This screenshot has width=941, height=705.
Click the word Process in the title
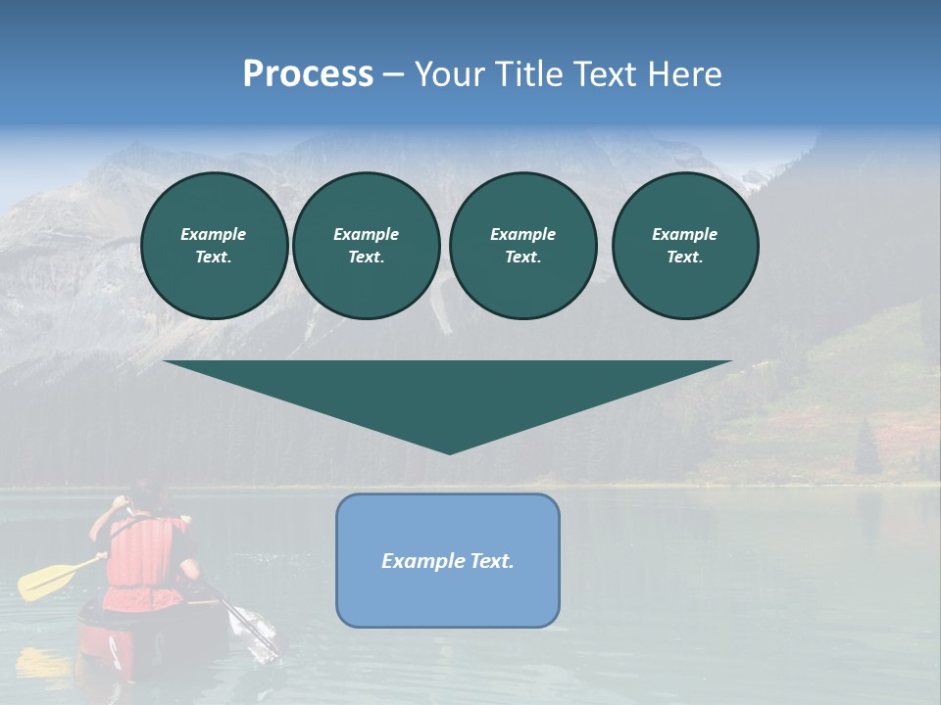click(308, 74)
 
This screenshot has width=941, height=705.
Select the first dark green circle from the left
click(214, 246)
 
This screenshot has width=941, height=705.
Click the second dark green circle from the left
click(366, 246)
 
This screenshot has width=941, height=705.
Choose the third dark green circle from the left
click(522, 246)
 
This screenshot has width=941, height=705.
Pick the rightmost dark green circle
click(685, 246)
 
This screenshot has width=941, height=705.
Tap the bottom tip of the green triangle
click(449, 451)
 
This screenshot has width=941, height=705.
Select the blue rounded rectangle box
click(448, 560)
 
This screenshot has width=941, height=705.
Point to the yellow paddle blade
click(44, 580)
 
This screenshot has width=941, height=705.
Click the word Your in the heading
click(452, 74)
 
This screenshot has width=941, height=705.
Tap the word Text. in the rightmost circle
click(685, 258)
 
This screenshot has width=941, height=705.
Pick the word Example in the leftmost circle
click(214, 234)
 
